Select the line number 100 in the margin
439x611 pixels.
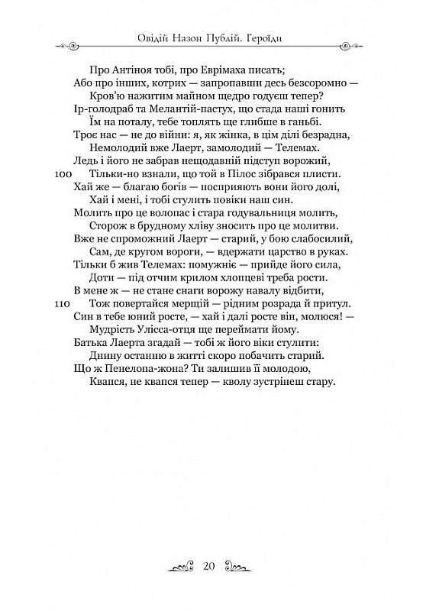pos(64,174)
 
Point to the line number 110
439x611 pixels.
pos(64,303)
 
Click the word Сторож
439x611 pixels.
pos(107,226)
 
